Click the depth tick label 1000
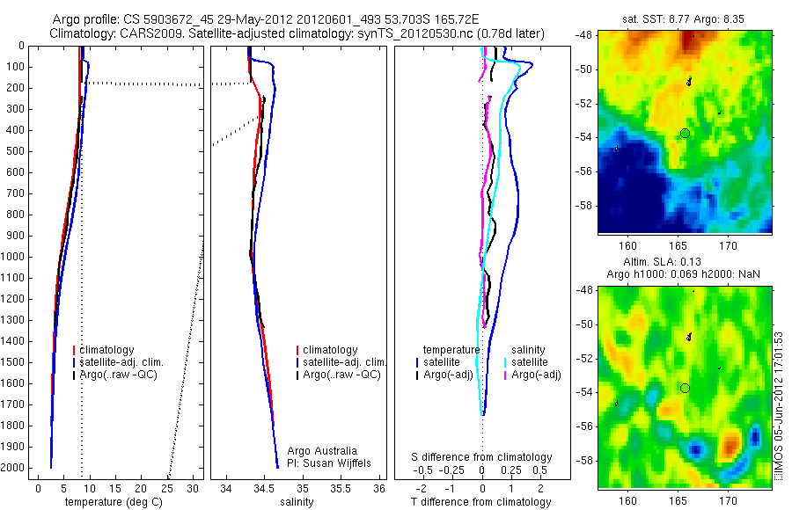click(x=15, y=257)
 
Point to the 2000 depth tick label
click(x=15, y=468)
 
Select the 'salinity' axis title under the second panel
click(x=296, y=501)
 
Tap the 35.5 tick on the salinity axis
click(x=341, y=488)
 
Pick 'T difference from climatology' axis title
click(x=481, y=502)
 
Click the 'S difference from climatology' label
click(x=482, y=457)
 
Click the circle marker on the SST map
click(x=685, y=133)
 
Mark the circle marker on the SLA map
click(x=685, y=388)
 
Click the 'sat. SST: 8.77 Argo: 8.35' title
click(x=685, y=18)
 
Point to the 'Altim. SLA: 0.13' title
click(x=684, y=264)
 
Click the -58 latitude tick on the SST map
click(x=585, y=205)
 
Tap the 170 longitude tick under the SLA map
click(x=728, y=500)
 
